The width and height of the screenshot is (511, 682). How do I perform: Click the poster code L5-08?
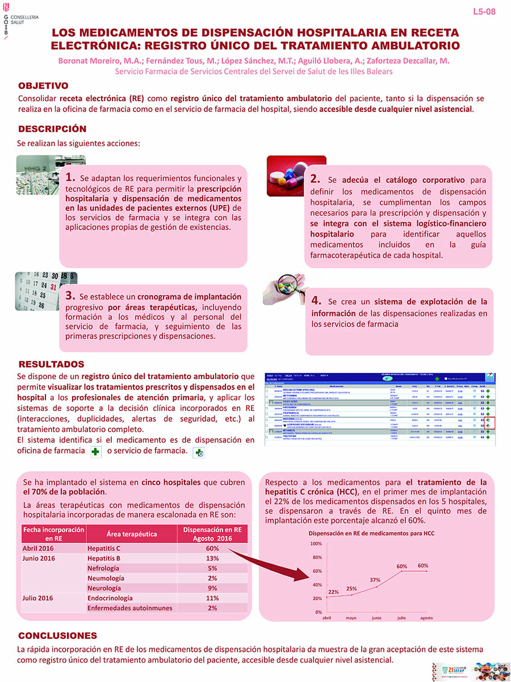[484, 11]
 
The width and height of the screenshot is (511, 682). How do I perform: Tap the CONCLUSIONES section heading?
[57, 635]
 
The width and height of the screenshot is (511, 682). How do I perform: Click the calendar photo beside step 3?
[45, 292]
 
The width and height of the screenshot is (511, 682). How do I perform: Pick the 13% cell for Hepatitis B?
[213, 558]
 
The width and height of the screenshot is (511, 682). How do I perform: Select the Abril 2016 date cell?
[39, 548]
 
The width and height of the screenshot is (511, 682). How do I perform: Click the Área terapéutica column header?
[132, 534]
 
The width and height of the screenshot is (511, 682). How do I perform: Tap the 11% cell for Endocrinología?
[213, 598]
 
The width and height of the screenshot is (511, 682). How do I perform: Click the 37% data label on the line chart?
[375, 580]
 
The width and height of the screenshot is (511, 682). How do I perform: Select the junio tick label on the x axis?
[376, 618]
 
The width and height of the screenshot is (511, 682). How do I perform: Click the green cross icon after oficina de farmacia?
[95, 452]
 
